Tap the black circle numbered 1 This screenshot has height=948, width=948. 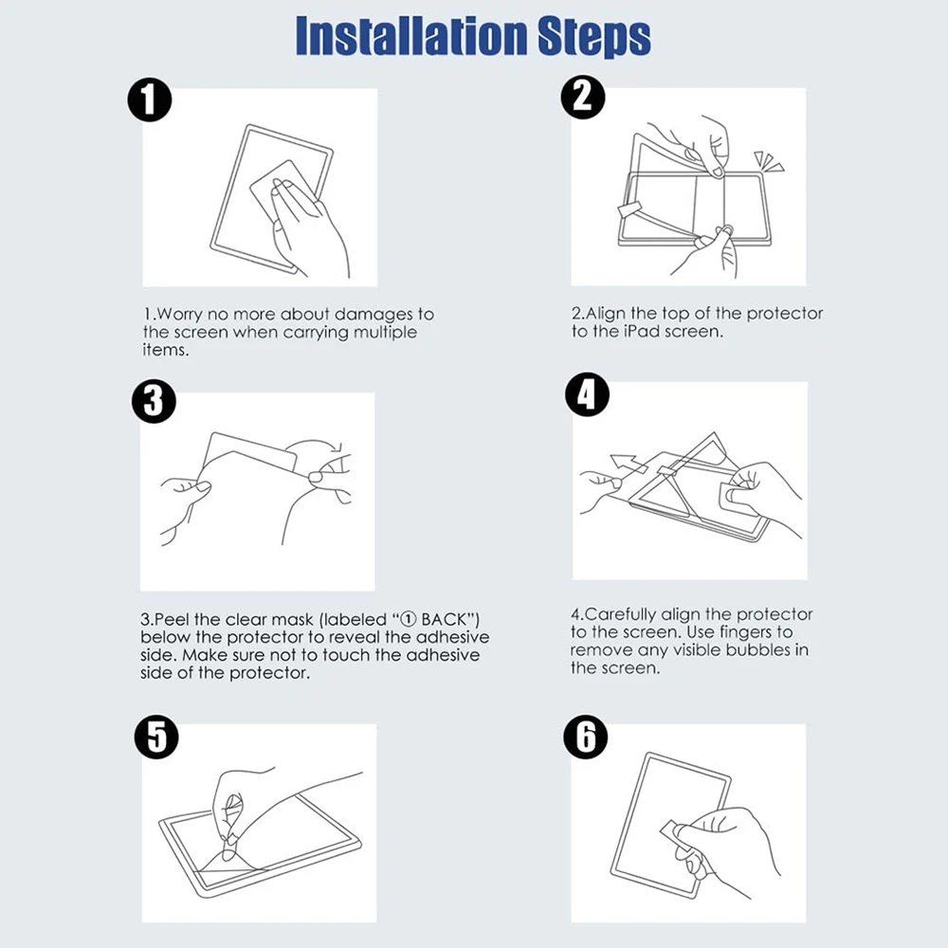150,100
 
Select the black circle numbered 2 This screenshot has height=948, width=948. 583,97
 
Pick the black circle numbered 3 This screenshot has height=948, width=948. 154,401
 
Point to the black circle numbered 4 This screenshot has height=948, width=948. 587,394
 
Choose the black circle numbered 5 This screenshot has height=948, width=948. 156,737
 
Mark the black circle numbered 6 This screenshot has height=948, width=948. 585,737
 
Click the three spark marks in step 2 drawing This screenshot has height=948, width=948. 769,161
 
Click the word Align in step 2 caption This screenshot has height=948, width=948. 606,314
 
